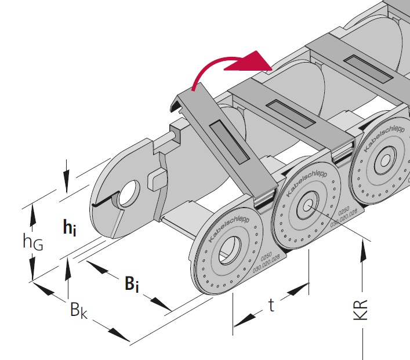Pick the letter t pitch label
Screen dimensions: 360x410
[x=271, y=306]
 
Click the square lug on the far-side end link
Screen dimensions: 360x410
[x=156, y=179]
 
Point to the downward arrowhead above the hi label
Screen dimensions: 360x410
[x=68, y=180]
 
